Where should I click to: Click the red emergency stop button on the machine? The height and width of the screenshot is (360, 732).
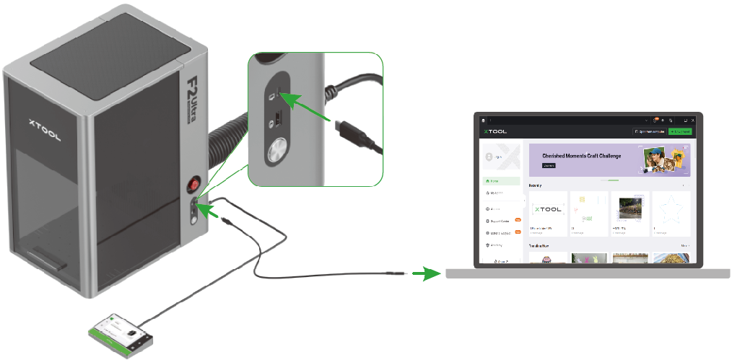193,185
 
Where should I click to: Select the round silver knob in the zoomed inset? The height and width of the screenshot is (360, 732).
275,152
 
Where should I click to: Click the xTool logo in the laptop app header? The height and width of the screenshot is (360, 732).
497,131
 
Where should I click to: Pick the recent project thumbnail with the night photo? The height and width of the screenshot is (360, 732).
630,210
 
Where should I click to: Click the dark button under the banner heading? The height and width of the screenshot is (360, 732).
549,165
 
